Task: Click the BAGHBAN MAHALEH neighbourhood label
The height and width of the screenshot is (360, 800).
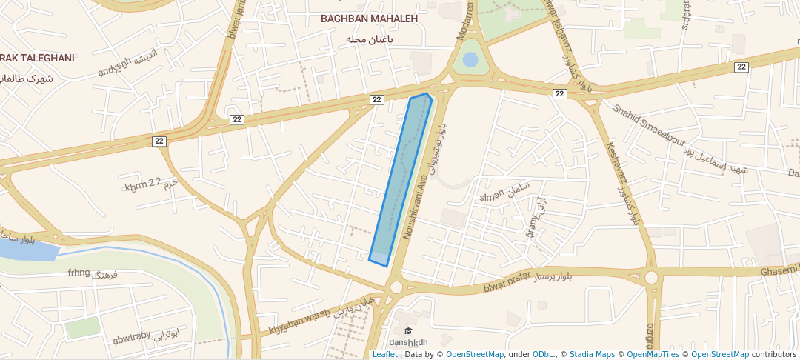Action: click(369, 19)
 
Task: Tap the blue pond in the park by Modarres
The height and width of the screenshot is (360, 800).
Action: click(470, 59)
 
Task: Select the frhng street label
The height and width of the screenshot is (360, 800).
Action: click(79, 273)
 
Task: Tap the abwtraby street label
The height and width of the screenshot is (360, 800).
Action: click(132, 339)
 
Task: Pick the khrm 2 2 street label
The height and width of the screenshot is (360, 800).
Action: click(143, 185)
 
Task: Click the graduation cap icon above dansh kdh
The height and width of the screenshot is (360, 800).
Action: click(408, 330)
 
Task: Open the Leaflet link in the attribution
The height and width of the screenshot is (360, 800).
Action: click(384, 354)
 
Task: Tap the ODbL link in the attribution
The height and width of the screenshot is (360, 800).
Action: click(543, 354)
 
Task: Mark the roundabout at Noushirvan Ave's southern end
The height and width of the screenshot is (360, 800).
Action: click(396, 287)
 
